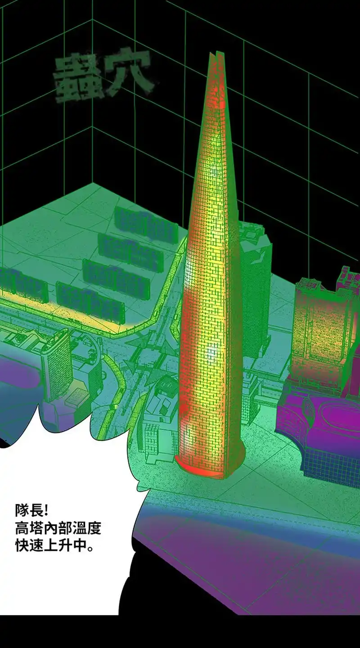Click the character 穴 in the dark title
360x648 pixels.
129,72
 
